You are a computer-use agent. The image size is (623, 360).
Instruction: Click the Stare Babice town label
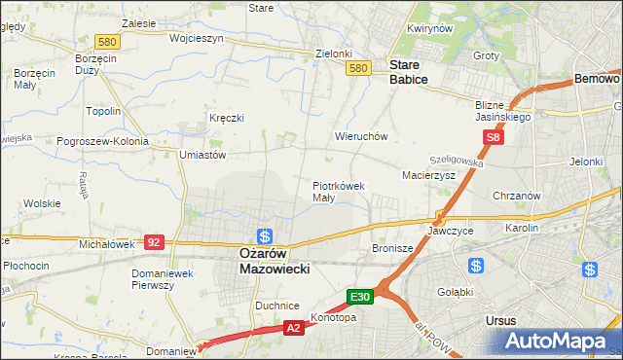(x=409, y=72)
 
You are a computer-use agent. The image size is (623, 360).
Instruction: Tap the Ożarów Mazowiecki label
(x=275, y=261)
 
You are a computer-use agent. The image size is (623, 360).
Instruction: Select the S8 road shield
(x=495, y=138)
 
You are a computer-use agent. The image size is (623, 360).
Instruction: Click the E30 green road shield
(x=360, y=296)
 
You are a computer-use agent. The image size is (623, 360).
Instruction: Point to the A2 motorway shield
(x=294, y=329)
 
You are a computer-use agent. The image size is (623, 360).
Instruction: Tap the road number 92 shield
(x=154, y=241)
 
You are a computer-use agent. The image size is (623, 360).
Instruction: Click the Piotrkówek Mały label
(x=338, y=191)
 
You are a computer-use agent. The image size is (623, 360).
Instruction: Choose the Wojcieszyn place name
(x=197, y=39)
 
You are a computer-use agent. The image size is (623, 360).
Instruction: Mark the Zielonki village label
(x=333, y=54)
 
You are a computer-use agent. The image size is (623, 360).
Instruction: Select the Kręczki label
(x=226, y=118)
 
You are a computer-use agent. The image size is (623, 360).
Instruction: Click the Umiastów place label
(x=202, y=154)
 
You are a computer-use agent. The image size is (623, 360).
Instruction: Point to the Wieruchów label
(x=361, y=137)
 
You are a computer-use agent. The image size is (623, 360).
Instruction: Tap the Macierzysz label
(x=429, y=175)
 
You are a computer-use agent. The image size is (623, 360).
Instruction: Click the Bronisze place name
(x=393, y=249)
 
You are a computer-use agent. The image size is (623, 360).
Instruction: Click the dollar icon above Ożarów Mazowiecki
(x=264, y=235)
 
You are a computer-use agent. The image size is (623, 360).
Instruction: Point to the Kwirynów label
(x=430, y=29)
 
